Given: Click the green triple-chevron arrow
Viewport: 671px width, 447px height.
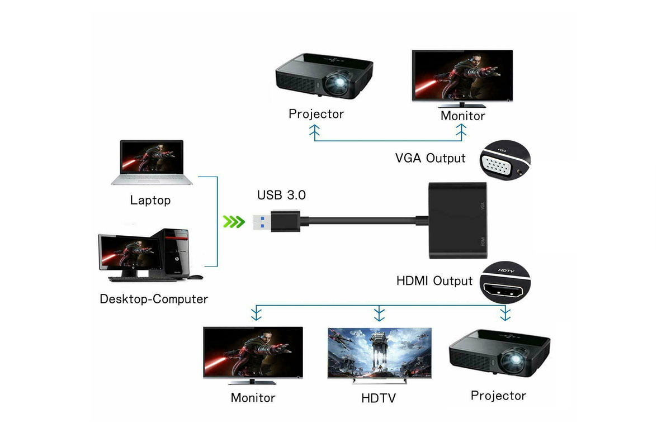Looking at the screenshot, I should coord(234,222).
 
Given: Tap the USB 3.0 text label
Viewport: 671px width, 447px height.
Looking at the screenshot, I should coord(281,196).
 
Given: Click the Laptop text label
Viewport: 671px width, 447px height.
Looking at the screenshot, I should coord(150,200).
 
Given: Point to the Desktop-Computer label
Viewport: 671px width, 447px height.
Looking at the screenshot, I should coord(154,299).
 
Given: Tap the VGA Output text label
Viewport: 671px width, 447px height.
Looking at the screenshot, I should coord(430,158).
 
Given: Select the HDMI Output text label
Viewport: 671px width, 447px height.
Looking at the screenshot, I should coord(434,280).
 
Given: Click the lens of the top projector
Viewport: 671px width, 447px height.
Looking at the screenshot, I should coord(339,84).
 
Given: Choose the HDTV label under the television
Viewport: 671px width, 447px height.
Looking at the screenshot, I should coord(379,399).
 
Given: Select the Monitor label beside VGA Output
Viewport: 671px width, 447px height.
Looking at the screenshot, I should coord(462,116).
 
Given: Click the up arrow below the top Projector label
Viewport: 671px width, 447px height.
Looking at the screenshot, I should coord(314,132).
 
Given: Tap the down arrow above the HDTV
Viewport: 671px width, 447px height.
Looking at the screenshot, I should coord(380,314).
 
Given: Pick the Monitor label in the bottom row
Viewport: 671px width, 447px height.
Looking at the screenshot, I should coord(253,398).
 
